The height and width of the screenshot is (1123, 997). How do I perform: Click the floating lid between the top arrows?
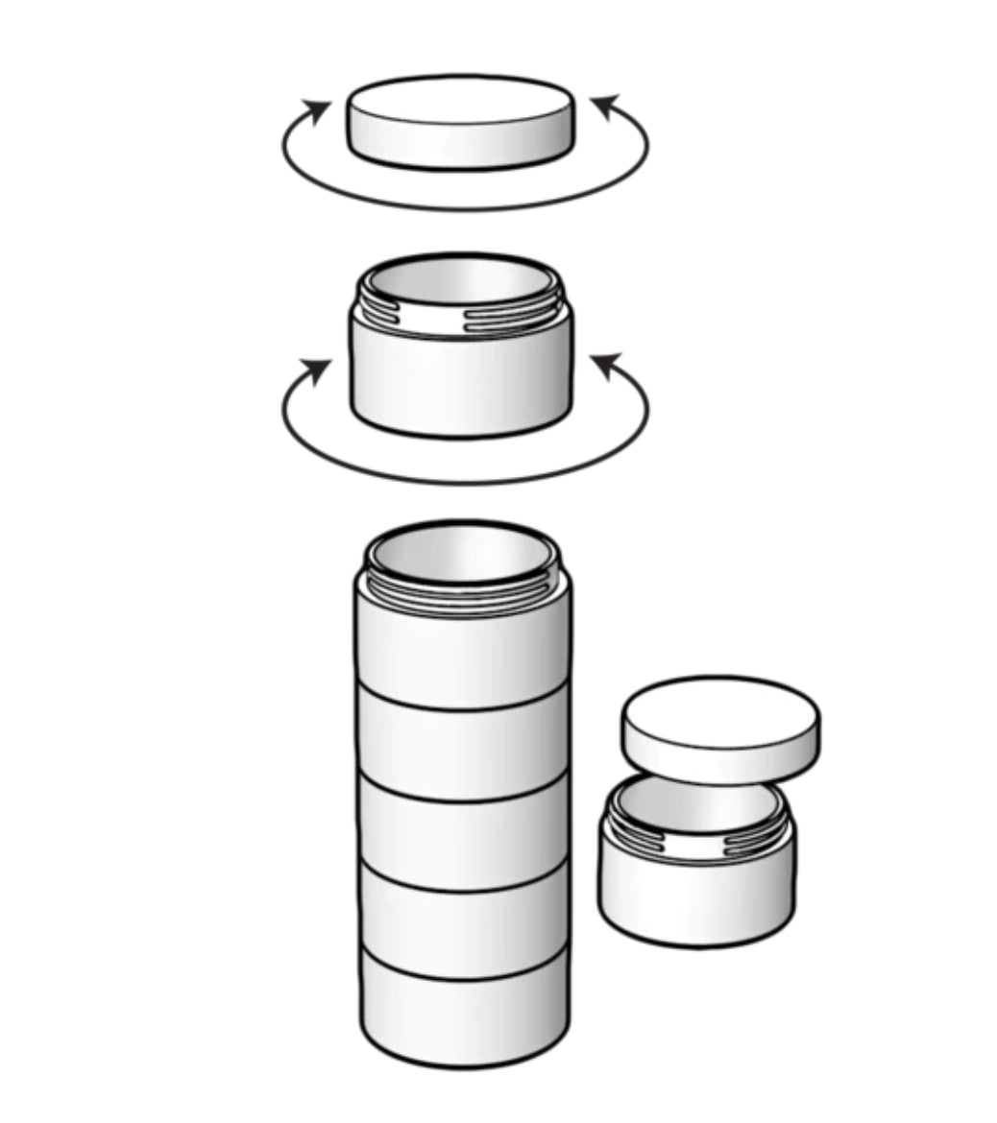[461, 123]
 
